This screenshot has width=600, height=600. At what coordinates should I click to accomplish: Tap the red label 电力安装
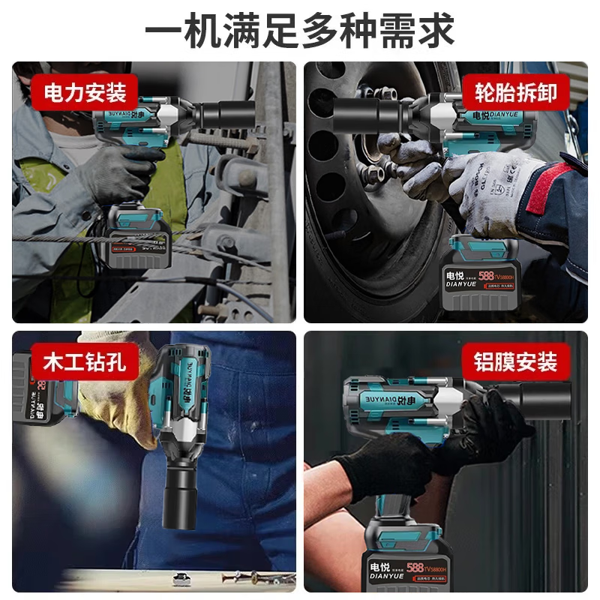(x=85, y=93)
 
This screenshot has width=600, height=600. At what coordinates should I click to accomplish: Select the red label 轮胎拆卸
(x=515, y=93)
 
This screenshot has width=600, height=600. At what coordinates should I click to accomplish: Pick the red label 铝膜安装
(x=515, y=363)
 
